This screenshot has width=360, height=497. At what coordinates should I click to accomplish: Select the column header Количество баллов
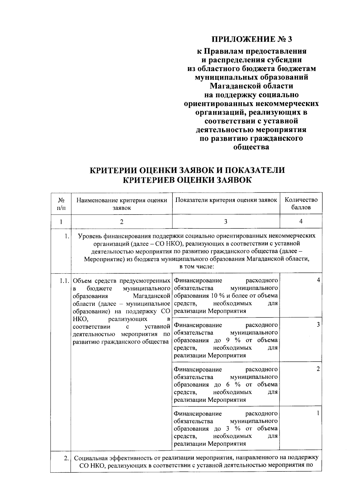(x=301, y=203)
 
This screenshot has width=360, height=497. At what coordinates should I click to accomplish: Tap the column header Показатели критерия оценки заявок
(x=226, y=200)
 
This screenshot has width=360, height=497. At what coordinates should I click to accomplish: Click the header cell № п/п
(x=61, y=203)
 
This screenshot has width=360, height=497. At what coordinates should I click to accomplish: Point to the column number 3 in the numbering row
(x=226, y=222)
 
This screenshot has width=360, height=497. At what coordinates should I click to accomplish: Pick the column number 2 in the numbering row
(x=121, y=222)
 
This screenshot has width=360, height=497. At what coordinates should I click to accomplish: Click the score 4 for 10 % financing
(x=318, y=280)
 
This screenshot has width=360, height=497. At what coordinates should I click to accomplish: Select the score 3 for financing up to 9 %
(x=318, y=325)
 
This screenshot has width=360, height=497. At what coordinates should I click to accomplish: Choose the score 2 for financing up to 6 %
(x=318, y=369)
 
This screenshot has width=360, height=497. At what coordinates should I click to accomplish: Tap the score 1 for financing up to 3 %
(x=318, y=413)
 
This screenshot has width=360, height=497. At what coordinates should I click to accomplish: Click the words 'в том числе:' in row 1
(x=196, y=267)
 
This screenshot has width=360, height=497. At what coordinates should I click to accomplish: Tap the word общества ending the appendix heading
(x=251, y=147)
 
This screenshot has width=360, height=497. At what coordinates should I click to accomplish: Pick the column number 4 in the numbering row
(x=301, y=221)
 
